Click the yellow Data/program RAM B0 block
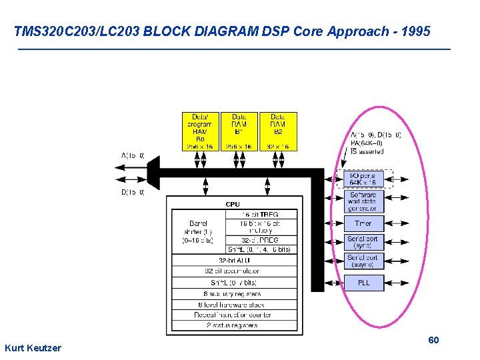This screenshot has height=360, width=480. pos(200,131)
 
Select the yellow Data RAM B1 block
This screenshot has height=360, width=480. pos(239,131)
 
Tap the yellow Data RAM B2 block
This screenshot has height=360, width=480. pos(278,131)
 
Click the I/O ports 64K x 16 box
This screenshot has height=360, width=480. pos(363,179)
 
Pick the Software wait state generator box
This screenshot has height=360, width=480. pos(363,201)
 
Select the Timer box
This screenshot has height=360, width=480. pos(363,223)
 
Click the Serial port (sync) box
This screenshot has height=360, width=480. pos(363,242)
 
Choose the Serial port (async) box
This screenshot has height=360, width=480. pos(363,261)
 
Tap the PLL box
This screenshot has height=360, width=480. pos(363,283)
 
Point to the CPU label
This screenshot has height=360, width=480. pos(233,204)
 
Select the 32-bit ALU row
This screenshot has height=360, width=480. pos(232,260)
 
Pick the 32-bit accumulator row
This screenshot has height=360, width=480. pos(232,271)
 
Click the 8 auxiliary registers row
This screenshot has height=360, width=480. pos(232,293)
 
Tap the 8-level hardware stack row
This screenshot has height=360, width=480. pos(232,305)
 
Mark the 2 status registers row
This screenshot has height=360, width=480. pos(232,325)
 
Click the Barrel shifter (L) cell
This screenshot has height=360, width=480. pos(198,231)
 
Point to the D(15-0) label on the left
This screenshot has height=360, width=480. pos(133,193)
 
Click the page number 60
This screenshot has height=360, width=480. pos(433,341)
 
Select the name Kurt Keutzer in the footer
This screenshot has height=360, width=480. pos(33,348)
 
